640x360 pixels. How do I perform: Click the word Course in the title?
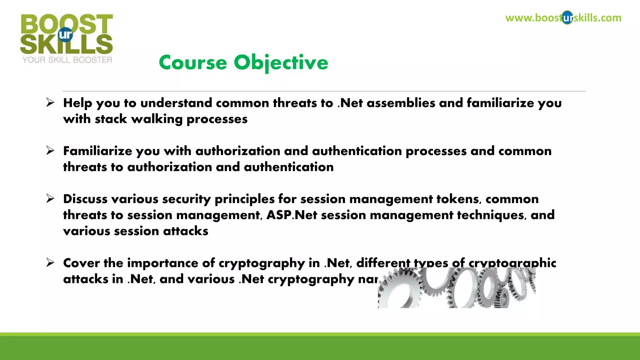tap(192, 62)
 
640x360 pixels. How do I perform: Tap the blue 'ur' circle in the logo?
tap(65, 35)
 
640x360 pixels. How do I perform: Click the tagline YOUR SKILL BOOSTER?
tap(67, 60)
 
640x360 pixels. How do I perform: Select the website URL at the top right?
tap(563, 18)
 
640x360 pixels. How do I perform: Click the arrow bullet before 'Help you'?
tap(50, 102)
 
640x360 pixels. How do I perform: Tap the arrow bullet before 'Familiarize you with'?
tap(50, 151)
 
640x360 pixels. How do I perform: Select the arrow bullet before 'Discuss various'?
tap(50, 198)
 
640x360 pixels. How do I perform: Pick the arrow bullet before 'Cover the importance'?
tap(50, 262)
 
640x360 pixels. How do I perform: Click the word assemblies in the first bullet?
tap(401, 103)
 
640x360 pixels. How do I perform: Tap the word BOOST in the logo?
tap(67, 24)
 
